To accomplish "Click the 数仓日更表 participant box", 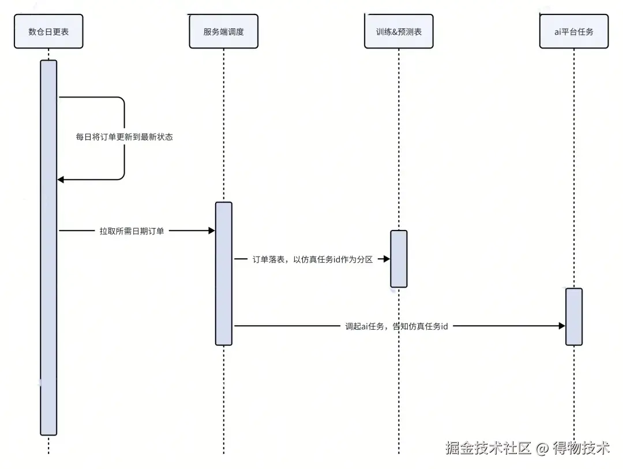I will (48, 32).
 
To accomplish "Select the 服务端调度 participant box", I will (223, 32).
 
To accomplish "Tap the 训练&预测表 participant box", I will (399, 32).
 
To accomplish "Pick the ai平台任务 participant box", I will (574, 32).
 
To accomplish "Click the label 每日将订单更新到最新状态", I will (125, 137).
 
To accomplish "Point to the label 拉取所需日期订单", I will (132, 231).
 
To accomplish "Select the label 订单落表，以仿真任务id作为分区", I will (313, 260).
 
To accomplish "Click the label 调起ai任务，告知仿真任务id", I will (396, 326).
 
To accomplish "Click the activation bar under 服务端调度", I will (224, 273).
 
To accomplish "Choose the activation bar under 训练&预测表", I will (399, 259).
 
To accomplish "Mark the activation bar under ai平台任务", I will (574, 317).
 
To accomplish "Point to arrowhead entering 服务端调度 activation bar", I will (211, 231).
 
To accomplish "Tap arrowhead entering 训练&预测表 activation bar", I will (387, 260).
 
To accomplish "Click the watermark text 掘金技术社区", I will (487, 448).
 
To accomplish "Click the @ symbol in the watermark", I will (542, 448).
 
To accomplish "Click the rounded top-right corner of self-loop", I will (122, 100).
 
